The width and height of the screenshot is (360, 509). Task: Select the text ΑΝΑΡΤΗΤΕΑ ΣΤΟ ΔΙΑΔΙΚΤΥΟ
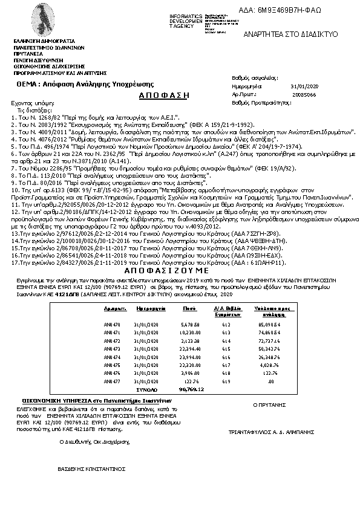pyautogui.click(x=290, y=35)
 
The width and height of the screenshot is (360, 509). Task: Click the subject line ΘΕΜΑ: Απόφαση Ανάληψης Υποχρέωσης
pyautogui.click(x=85, y=84)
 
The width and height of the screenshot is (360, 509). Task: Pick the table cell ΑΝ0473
pyautogui.click(x=113, y=349)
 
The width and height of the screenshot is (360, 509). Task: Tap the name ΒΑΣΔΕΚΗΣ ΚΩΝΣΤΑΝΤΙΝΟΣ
pyautogui.click(x=91, y=468)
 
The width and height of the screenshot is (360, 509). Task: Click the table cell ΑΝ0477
pyautogui.click(x=113, y=382)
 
